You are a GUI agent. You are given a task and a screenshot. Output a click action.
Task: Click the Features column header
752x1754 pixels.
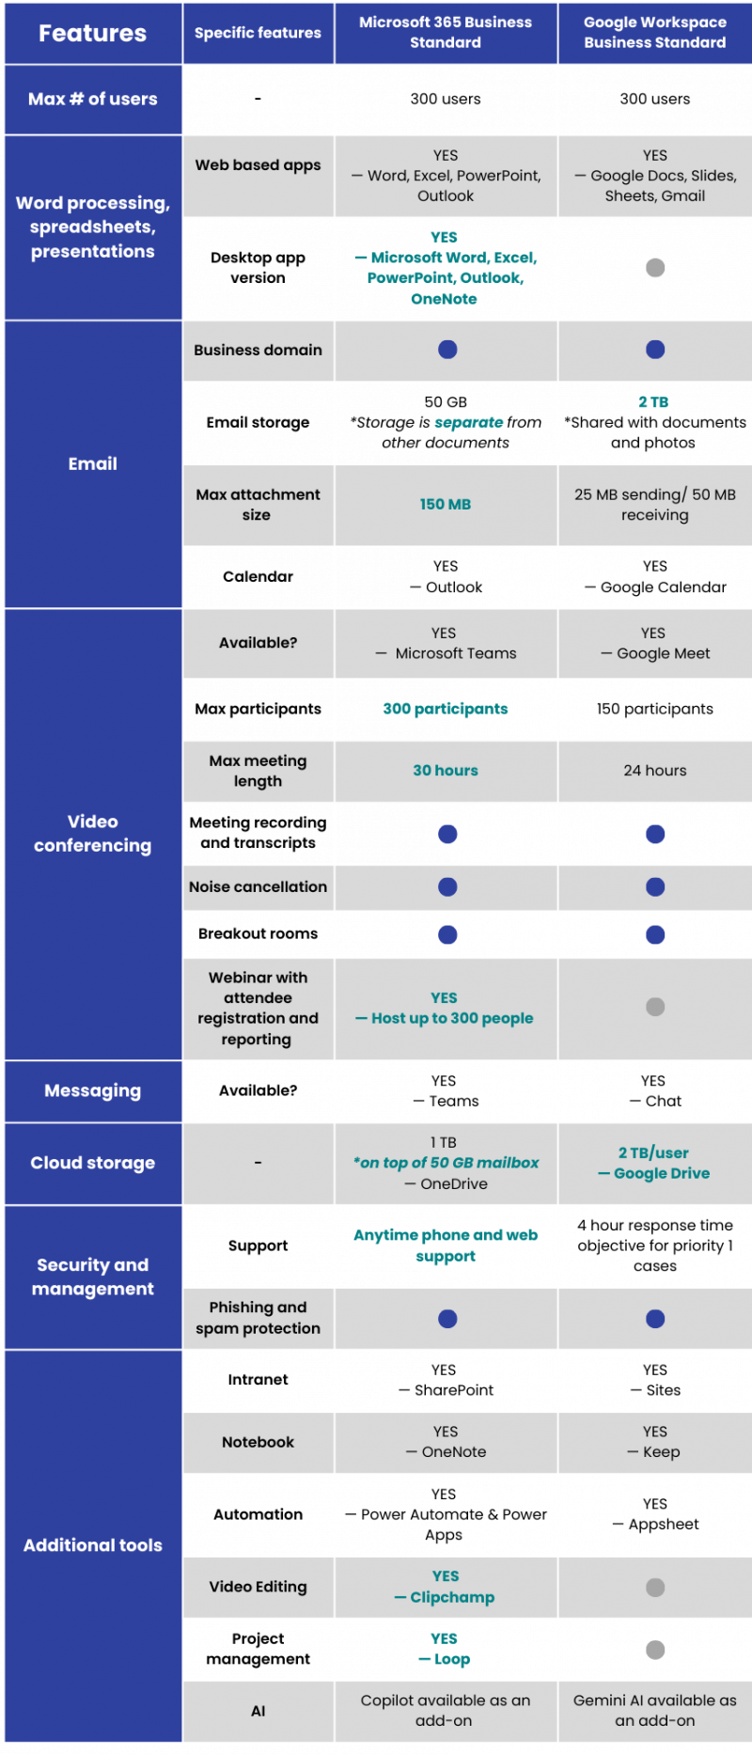92,33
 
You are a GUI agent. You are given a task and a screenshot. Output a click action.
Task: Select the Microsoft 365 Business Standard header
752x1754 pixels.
446,32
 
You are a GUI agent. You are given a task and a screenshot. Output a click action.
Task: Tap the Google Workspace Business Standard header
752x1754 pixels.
654,32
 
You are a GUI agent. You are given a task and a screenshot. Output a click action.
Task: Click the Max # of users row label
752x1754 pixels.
92,99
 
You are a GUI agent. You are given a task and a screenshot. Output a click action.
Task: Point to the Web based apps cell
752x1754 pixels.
258,165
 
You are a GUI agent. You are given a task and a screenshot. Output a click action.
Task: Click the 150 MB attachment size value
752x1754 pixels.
446,505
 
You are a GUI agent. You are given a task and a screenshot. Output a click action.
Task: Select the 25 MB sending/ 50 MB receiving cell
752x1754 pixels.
654,505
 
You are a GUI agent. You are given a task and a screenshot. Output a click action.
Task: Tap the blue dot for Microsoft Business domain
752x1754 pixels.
447,350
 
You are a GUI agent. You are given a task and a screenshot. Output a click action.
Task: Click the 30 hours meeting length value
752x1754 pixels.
446,771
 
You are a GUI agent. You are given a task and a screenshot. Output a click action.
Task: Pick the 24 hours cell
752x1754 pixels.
654,771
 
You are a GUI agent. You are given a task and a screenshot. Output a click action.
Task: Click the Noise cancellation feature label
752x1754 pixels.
258,886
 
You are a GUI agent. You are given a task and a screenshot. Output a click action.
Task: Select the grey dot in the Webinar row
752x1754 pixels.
655,1007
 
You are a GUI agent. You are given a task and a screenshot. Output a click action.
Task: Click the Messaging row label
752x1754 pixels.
92,1090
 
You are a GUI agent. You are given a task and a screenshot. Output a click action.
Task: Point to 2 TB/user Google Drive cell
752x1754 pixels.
654,1163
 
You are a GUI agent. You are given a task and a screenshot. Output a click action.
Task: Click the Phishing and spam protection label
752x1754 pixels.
258,1318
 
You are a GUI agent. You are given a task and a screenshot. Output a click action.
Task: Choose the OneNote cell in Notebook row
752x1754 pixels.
446,1442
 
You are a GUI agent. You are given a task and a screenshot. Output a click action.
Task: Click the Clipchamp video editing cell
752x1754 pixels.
446,1587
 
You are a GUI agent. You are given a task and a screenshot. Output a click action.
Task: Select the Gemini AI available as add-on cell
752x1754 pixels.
654,1710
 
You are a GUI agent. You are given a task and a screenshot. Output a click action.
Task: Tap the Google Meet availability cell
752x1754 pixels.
654,644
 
